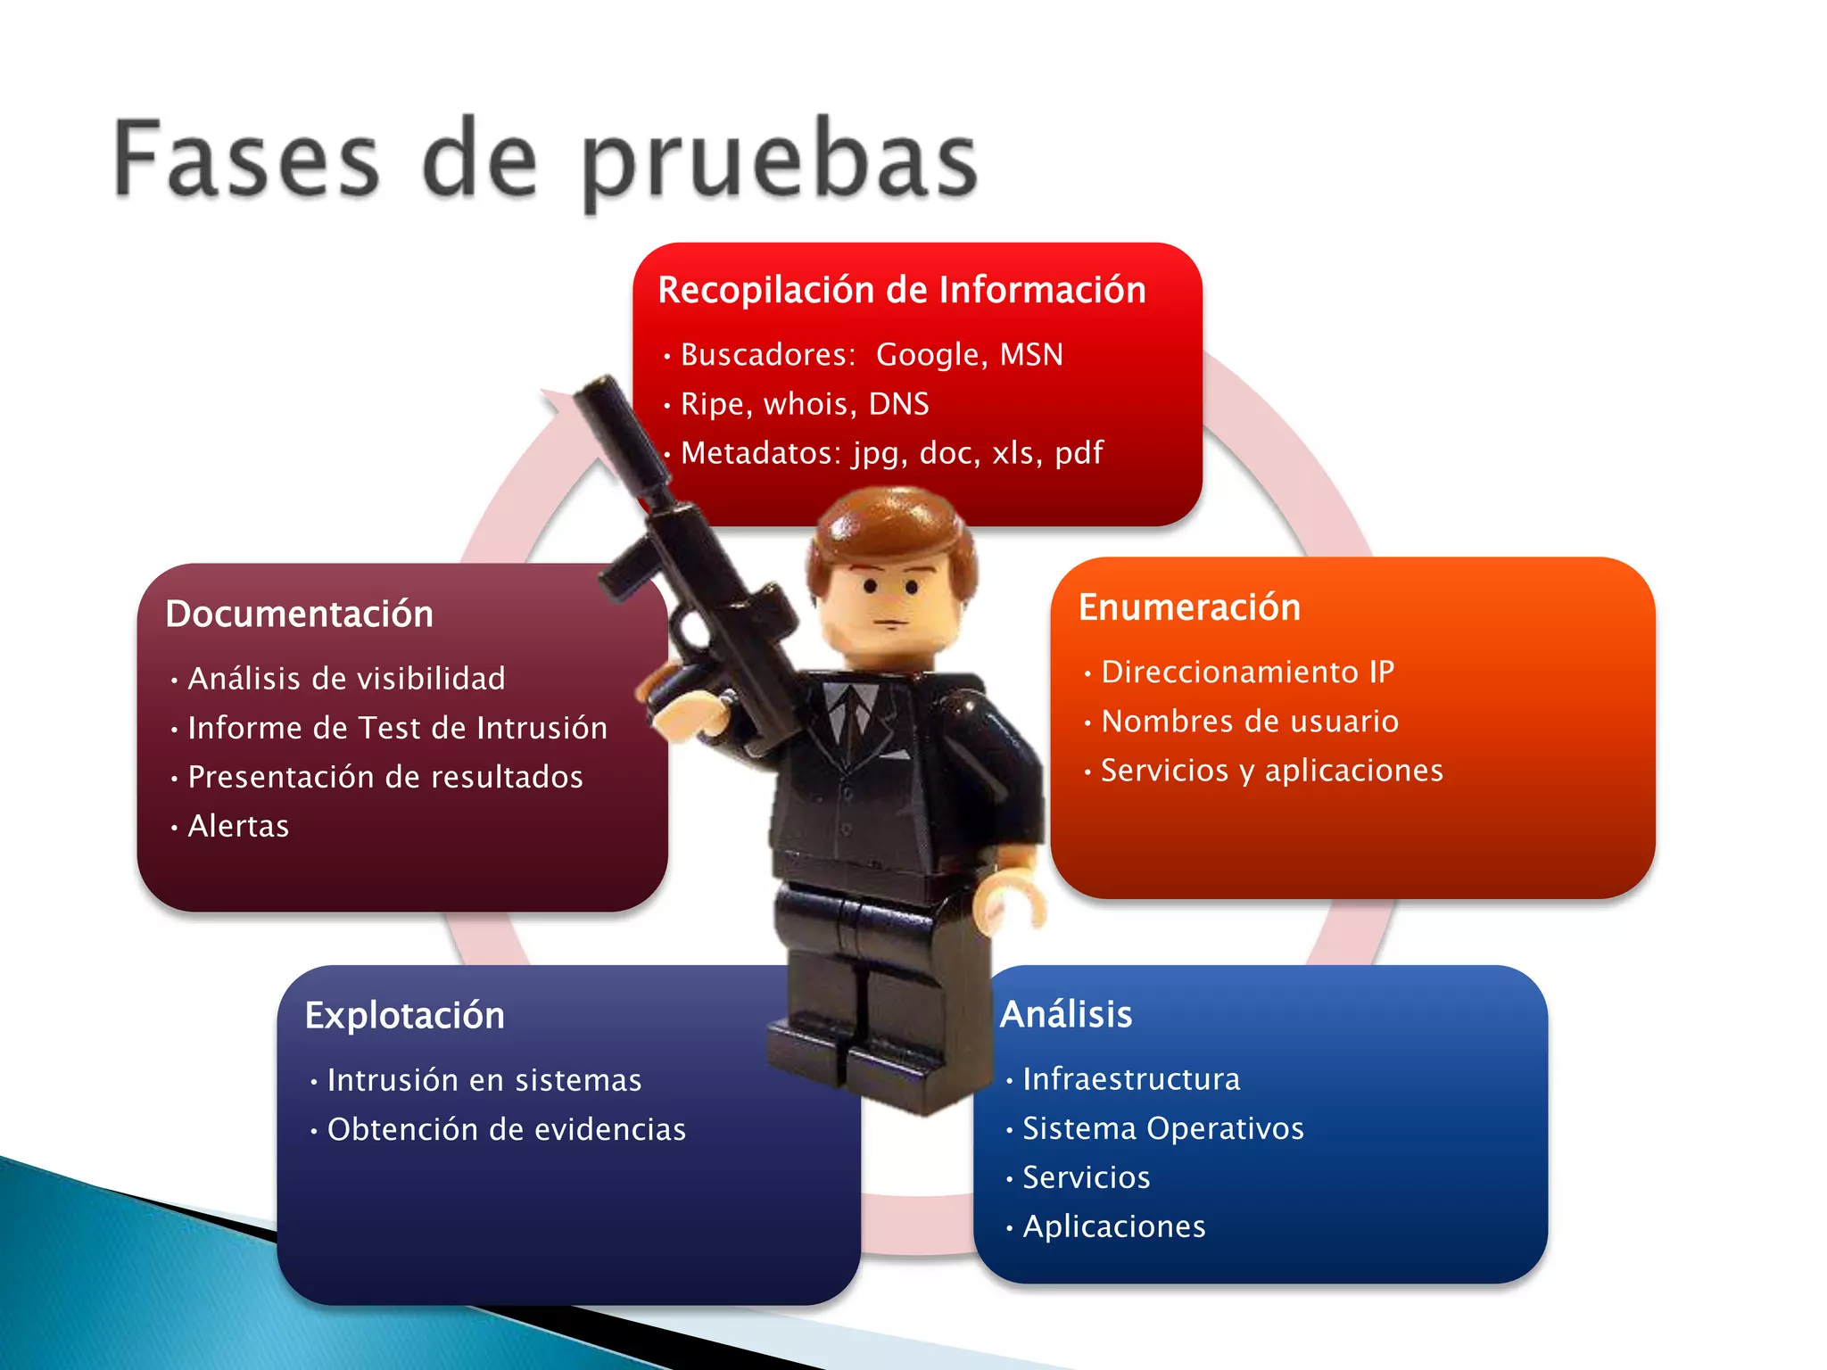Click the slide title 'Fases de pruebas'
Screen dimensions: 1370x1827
coord(546,161)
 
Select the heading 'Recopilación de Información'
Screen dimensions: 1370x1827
coord(902,291)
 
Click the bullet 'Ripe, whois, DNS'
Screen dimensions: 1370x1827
coord(805,404)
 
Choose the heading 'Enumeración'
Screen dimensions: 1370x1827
coord(1189,607)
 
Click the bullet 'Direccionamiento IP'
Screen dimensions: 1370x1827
coord(1247,672)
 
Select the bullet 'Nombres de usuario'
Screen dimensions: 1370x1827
coord(1250,721)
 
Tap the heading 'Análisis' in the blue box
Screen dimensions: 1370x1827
coord(1066,1014)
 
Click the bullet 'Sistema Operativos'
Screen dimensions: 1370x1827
coord(1162,1128)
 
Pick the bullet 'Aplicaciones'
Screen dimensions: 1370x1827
coord(1113,1226)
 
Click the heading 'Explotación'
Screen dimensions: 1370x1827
coord(405,1016)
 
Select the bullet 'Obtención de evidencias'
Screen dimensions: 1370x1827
coord(507,1129)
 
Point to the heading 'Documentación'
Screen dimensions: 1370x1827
coord(300,615)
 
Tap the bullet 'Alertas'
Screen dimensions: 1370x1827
coord(238,826)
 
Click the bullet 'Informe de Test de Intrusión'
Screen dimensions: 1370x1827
coord(398,728)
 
